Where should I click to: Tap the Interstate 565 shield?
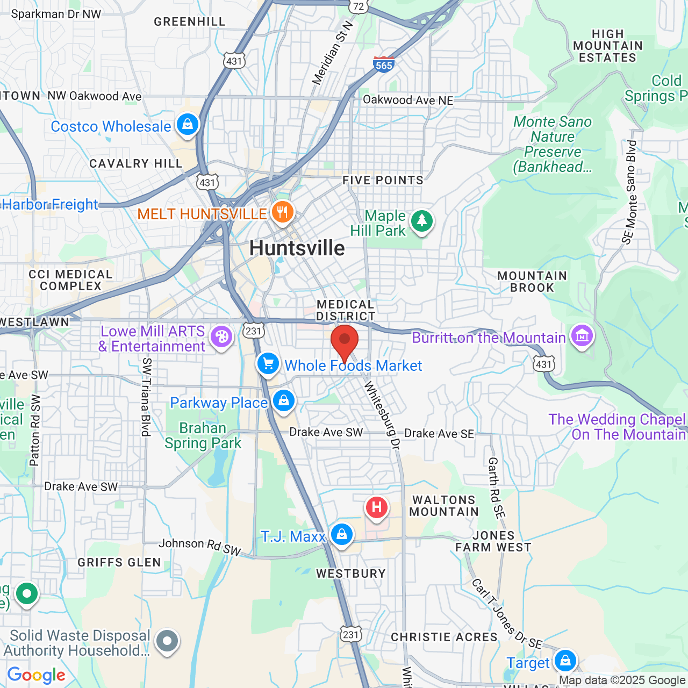click(x=384, y=64)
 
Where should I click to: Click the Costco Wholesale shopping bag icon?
click(x=187, y=124)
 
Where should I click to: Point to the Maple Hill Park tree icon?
click(x=422, y=220)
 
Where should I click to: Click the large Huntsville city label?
click(x=297, y=248)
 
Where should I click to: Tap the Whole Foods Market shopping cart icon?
click(x=268, y=364)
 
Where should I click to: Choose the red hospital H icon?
click(x=377, y=507)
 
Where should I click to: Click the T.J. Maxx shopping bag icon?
click(x=341, y=534)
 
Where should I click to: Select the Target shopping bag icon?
click(x=565, y=661)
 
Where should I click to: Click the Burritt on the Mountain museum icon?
click(x=582, y=336)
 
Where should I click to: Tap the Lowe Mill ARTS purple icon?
click(x=221, y=337)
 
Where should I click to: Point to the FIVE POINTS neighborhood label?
click(x=383, y=180)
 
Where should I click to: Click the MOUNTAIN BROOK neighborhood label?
click(x=532, y=282)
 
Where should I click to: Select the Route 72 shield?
click(x=359, y=6)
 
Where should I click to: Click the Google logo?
click(x=37, y=675)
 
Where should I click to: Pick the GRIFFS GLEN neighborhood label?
click(x=119, y=562)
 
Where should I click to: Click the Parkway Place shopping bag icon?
click(x=283, y=400)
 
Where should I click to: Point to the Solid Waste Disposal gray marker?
click(x=167, y=641)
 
